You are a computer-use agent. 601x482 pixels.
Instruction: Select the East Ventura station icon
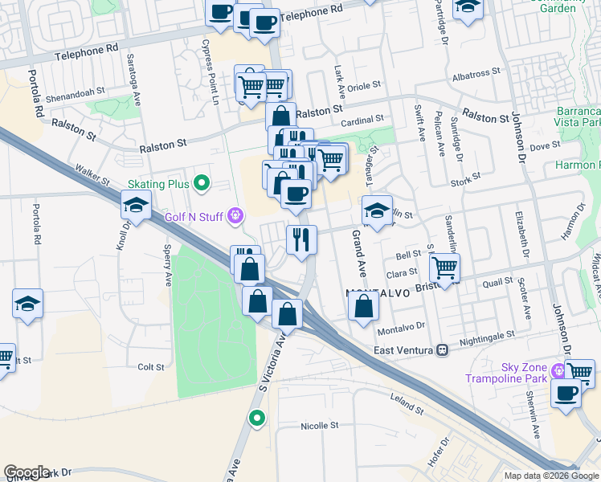442,351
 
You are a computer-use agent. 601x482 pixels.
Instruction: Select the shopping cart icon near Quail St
444,267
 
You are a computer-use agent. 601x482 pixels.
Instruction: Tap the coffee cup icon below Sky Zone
566,394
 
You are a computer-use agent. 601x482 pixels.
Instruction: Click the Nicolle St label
320,426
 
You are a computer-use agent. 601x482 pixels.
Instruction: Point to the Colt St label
151,367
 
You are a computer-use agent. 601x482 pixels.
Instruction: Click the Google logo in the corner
27,472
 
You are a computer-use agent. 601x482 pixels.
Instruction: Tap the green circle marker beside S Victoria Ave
256,417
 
